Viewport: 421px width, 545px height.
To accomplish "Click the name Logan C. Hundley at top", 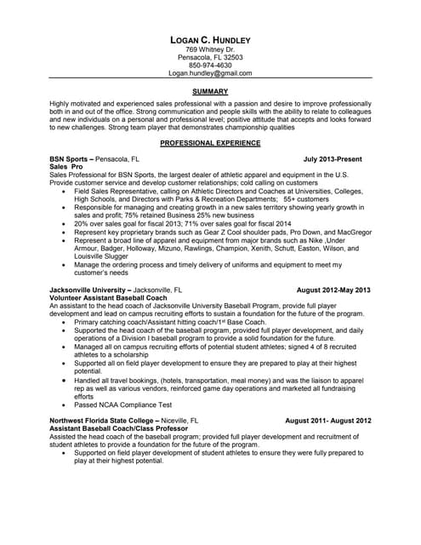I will coord(210,40).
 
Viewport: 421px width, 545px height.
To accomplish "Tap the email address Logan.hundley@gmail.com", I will coord(210,73).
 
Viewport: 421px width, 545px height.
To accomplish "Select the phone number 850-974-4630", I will coord(210,65).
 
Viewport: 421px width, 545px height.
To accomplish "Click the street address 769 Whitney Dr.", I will coord(210,49).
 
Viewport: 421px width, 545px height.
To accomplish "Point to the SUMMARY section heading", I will coord(210,90).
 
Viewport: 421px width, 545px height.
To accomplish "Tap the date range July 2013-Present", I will coord(338,159).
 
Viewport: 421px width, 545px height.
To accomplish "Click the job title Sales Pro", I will coord(65,167).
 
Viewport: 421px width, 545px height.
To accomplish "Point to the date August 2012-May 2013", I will coord(333,290).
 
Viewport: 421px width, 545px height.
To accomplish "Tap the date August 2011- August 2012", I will coord(328,421).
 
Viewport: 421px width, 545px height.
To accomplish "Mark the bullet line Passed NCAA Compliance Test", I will coord(123,404).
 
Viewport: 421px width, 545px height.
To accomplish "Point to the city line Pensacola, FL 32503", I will coord(210,57).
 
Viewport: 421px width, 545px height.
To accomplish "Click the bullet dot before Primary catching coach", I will coord(65,323).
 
